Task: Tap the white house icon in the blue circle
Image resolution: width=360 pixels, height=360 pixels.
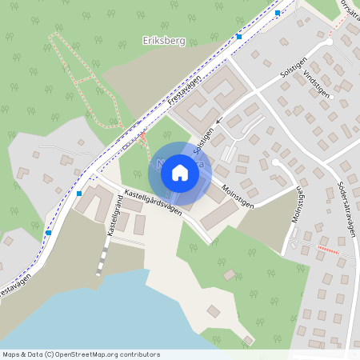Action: click(180, 172)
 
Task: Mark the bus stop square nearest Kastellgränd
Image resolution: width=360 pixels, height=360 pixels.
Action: click(78, 193)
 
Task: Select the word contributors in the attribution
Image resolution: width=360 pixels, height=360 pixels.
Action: click(138, 354)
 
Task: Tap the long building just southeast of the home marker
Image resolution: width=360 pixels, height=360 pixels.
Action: click(218, 214)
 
